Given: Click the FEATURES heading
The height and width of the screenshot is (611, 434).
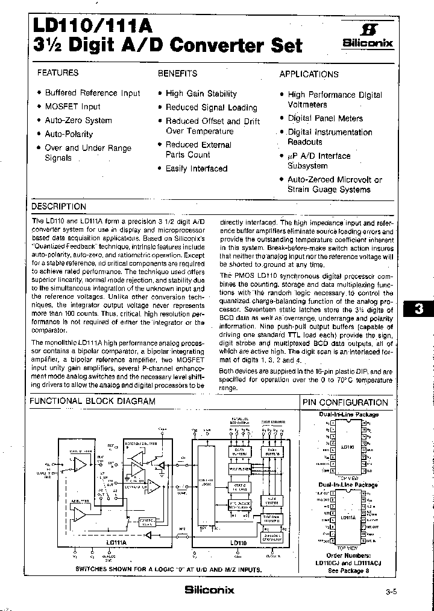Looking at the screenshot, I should (x=58, y=72).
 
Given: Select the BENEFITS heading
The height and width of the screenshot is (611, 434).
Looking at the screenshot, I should (x=177, y=73).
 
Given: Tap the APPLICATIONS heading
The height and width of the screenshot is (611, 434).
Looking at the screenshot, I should (x=309, y=74).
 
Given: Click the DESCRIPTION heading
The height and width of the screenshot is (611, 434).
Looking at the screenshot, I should (x=59, y=206).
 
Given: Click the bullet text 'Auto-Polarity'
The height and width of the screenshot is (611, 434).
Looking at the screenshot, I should (x=69, y=134).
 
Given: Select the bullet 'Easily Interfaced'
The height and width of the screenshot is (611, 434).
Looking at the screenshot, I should (x=197, y=168).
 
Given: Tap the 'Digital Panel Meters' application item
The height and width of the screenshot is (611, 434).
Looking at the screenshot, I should (x=325, y=118).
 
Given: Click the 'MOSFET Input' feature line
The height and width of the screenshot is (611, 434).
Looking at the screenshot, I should (x=72, y=106).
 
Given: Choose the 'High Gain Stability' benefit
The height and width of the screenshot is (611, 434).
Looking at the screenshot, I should (x=201, y=94).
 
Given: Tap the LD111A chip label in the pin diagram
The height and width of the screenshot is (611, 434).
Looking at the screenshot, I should (x=348, y=517).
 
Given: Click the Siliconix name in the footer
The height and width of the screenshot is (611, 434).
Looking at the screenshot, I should (x=209, y=590).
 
